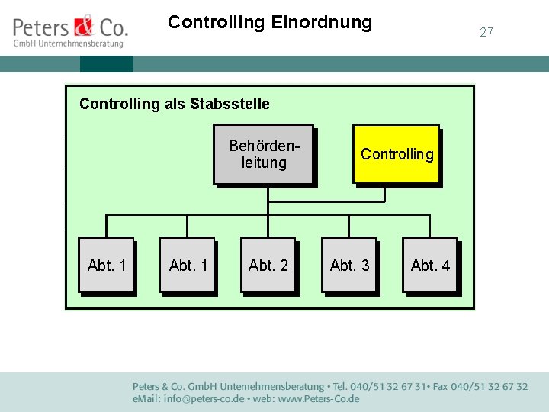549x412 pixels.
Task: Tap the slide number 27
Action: (486, 32)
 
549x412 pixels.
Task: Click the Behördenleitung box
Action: (263, 154)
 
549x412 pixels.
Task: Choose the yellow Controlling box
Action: (396, 154)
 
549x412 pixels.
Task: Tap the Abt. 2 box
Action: (268, 265)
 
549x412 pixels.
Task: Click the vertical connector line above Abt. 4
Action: (430, 226)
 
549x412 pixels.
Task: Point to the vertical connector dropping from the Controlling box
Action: (384, 193)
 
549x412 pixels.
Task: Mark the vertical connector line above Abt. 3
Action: (348, 226)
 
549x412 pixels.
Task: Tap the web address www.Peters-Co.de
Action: (313, 399)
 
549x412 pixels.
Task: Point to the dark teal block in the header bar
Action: (106, 64)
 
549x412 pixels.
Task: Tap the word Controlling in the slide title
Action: (216, 23)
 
